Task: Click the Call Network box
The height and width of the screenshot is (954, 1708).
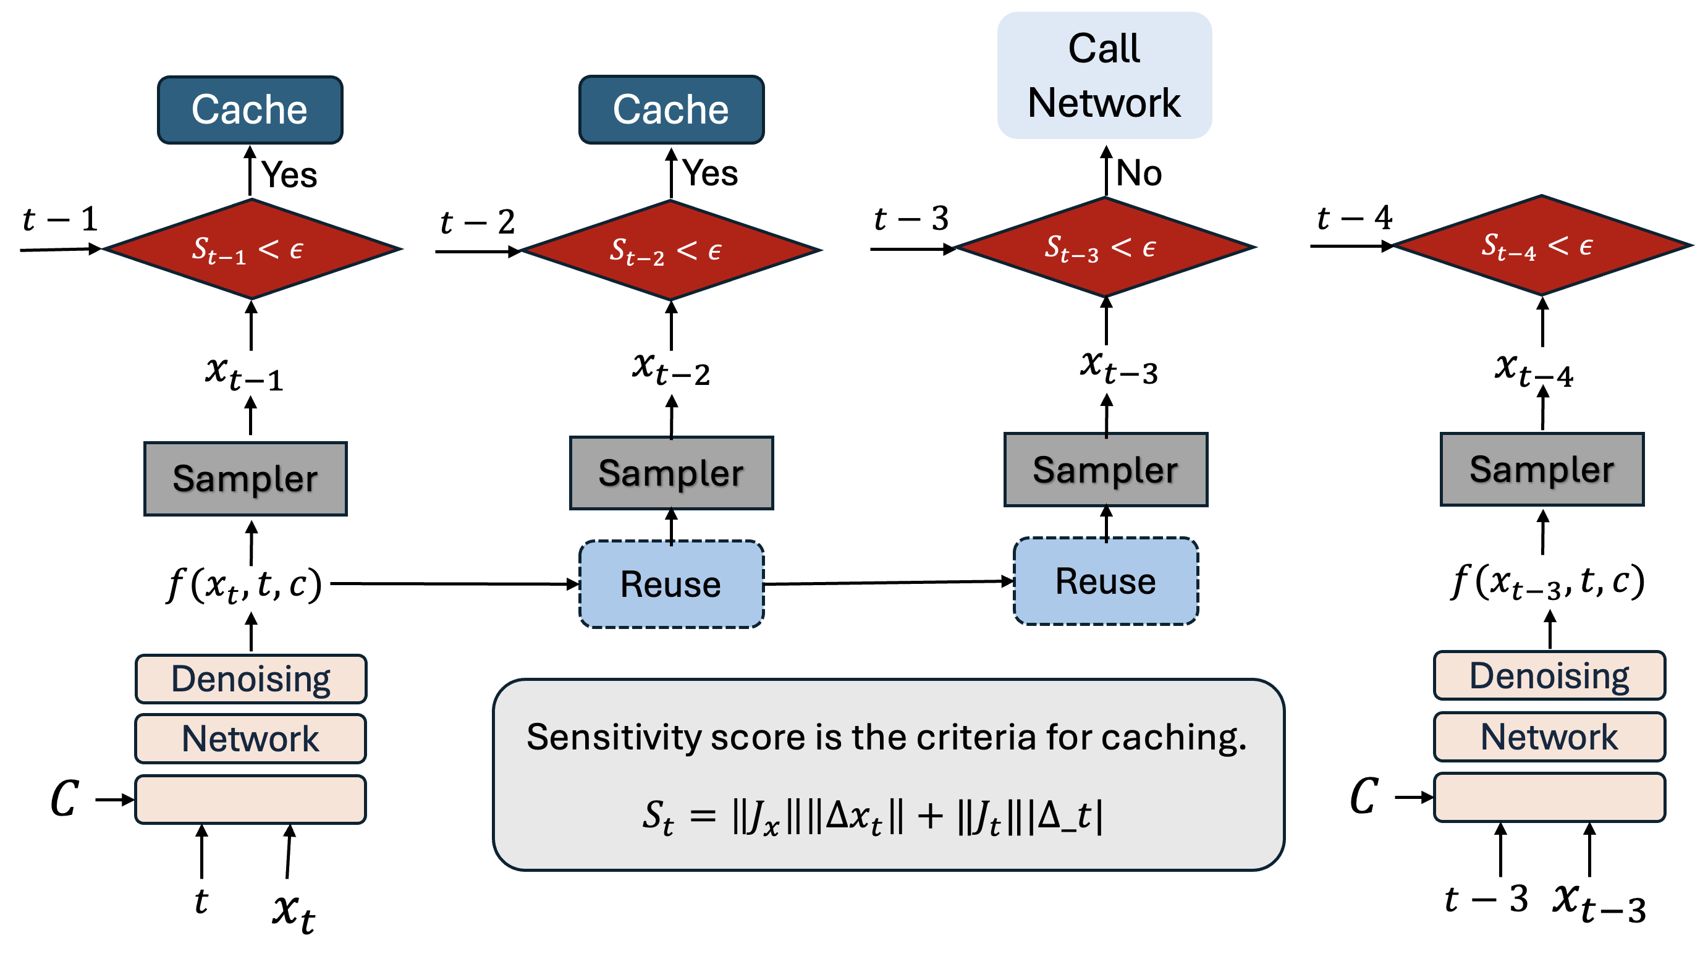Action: (x=1104, y=75)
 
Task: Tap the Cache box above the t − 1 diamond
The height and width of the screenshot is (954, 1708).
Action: (x=250, y=109)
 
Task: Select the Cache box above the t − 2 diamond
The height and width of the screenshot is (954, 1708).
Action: (x=671, y=109)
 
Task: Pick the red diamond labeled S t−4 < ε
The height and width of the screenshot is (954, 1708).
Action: (x=1542, y=245)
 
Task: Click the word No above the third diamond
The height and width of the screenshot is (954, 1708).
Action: (x=1138, y=173)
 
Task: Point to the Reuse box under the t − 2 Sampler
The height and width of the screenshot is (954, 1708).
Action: (x=671, y=584)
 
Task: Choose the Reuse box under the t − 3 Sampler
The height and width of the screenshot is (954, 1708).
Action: (x=1106, y=581)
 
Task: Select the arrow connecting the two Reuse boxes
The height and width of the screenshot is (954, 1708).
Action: (x=889, y=583)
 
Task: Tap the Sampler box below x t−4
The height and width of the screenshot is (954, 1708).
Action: (x=1542, y=470)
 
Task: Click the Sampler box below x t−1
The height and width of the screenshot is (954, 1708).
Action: (x=245, y=479)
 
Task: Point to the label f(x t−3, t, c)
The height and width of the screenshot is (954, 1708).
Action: (x=1548, y=582)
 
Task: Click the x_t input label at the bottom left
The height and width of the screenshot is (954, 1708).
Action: (x=294, y=911)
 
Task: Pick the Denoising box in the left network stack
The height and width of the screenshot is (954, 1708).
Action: (x=251, y=679)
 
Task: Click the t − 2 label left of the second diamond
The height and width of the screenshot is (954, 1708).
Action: (x=478, y=221)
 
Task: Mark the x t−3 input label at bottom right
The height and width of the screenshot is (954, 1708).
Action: (x=1599, y=903)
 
